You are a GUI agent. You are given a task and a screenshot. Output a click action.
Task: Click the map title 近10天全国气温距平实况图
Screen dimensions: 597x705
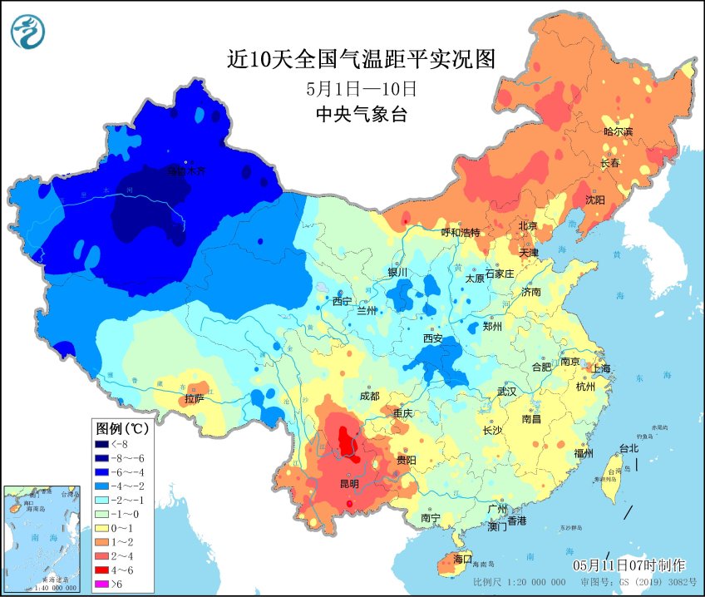(x=361, y=60)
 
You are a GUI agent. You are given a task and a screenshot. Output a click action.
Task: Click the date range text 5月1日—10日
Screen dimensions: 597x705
(x=361, y=88)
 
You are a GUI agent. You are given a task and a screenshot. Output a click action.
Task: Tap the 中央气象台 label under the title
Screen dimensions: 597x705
(x=361, y=115)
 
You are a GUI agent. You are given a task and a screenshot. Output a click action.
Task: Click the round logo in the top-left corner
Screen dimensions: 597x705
(x=28, y=32)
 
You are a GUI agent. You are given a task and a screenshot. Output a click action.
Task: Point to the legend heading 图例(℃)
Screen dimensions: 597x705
(x=122, y=428)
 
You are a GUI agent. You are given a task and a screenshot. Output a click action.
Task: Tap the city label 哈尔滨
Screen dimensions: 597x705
(x=618, y=131)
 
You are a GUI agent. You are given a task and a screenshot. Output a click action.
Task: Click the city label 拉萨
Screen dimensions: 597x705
(x=194, y=398)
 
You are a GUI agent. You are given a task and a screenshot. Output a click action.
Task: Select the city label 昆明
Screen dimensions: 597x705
(x=349, y=483)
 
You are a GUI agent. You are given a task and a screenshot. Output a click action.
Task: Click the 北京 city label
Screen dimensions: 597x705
(x=528, y=225)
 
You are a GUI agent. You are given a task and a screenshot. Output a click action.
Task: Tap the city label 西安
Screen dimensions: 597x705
(x=433, y=338)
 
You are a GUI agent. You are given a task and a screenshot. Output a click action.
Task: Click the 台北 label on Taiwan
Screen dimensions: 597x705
(x=629, y=448)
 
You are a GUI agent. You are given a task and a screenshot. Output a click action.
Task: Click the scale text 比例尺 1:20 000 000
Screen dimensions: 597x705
(x=519, y=582)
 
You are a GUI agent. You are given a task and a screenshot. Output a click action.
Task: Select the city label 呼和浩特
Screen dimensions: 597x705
(x=460, y=232)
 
